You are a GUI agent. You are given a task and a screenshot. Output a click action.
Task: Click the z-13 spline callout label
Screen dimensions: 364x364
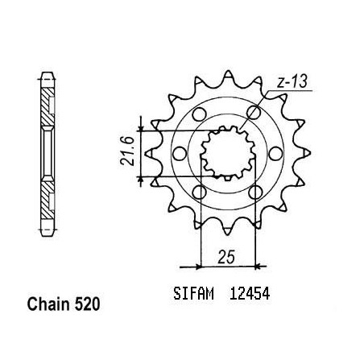[292, 81]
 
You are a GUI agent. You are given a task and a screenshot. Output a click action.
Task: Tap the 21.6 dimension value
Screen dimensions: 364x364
[127, 151]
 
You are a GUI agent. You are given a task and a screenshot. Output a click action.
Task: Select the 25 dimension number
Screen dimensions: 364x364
[226, 257]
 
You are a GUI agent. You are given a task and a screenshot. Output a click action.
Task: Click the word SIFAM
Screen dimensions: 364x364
[193, 293]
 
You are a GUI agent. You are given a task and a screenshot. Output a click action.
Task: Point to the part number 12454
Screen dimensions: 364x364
[250, 293]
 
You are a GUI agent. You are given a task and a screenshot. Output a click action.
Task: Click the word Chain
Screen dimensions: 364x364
[48, 304]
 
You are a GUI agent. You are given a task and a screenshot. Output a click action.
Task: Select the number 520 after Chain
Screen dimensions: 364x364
[87, 304]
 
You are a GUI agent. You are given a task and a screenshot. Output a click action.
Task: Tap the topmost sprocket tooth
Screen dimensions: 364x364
[228, 76]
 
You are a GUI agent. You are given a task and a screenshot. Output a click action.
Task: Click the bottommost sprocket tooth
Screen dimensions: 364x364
[228, 230]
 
